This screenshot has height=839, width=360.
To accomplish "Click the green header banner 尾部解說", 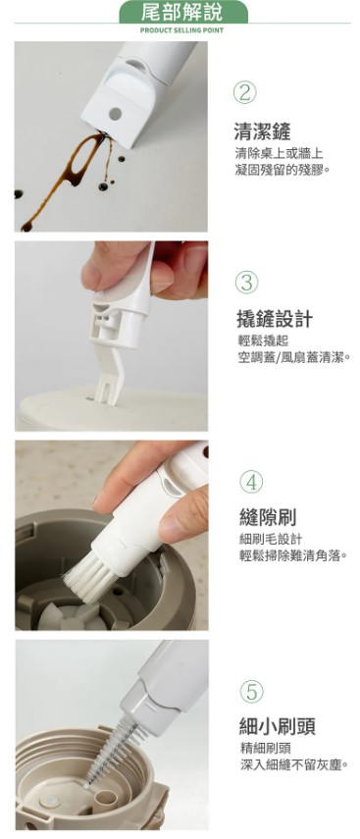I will [182, 12].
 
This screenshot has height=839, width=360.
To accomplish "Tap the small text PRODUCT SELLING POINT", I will [182, 30].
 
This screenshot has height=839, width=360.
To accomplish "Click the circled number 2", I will [245, 93].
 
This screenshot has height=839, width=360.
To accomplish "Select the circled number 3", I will [247, 283].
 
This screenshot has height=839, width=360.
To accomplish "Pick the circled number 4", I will [251, 482].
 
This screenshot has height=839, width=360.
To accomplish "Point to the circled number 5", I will [252, 692].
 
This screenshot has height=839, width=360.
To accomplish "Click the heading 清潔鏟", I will [262, 131].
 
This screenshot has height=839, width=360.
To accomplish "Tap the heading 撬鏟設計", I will [275, 319].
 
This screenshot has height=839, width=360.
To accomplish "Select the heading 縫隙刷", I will [268, 517].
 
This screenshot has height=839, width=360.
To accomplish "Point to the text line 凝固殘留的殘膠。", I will [283, 170].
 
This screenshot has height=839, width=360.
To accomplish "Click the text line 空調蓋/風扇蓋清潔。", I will [293, 357].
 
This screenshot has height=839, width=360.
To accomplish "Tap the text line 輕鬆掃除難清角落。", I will [293, 555].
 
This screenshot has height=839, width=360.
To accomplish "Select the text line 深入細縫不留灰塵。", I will [294, 764].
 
